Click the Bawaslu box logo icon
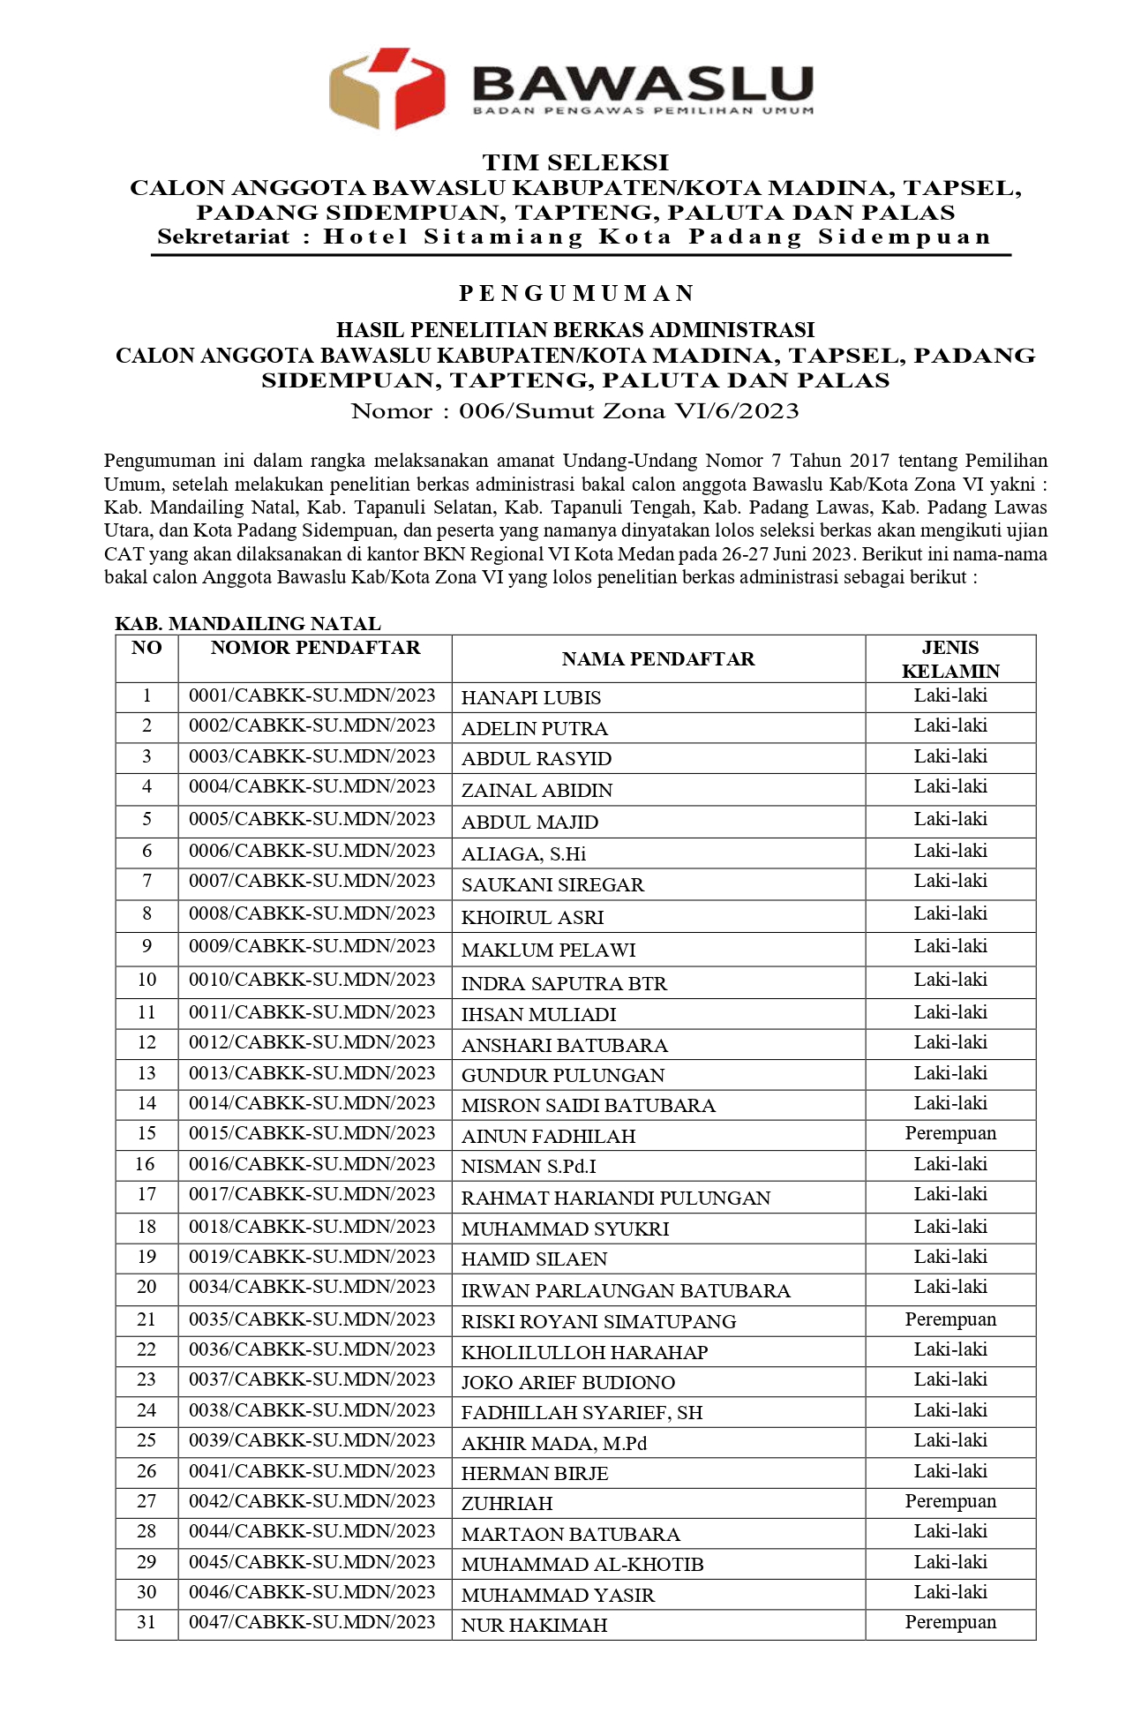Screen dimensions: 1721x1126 coord(387,88)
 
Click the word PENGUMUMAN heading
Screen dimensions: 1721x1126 coord(576,293)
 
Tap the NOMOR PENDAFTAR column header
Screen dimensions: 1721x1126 coord(315,648)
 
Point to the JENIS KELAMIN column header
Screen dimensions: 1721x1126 coord(950,659)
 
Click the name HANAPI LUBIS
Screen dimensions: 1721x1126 coord(531,698)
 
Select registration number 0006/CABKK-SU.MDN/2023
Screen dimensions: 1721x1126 coord(312,851)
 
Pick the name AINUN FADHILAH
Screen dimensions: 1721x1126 coord(548,1137)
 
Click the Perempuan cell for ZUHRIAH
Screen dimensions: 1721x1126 coord(950,1501)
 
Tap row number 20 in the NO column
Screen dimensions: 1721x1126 coord(146,1287)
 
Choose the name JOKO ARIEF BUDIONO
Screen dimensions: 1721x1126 coord(568,1383)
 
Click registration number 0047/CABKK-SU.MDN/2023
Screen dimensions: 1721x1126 coord(312,1622)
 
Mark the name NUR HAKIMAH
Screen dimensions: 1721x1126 coord(535,1626)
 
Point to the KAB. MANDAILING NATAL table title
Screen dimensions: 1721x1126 coord(248,624)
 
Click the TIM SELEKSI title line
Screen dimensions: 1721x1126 coord(575,162)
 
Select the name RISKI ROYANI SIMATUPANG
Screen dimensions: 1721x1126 coord(598,1322)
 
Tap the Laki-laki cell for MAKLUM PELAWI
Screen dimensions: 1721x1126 coord(950,946)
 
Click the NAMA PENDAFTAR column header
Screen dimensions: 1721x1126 coord(658,659)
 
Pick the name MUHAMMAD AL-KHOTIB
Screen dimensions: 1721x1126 coord(582,1565)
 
